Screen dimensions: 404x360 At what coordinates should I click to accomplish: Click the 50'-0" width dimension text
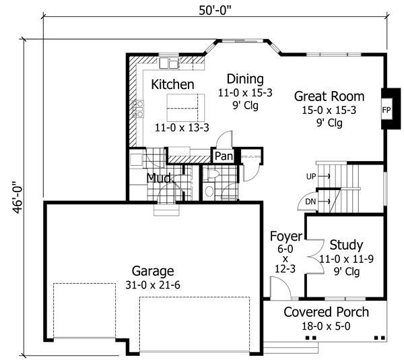click(215, 11)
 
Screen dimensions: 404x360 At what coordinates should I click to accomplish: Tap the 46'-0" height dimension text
click(18, 198)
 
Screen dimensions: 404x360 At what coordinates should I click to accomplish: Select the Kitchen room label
click(172, 84)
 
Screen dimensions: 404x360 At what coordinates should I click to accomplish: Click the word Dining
click(245, 79)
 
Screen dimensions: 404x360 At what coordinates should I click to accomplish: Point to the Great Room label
click(329, 96)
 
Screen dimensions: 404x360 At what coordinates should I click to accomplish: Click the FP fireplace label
click(386, 110)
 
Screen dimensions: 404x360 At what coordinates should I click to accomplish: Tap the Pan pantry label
click(224, 156)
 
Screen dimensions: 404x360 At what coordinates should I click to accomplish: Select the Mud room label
click(159, 178)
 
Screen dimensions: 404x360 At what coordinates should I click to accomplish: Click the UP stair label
click(311, 177)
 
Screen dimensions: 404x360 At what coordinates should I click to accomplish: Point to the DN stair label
click(310, 202)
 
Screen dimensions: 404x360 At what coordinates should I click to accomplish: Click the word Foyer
click(286, 237)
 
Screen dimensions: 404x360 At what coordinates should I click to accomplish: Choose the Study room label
click(346, 245)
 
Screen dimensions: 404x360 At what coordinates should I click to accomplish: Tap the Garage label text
click(153, 271)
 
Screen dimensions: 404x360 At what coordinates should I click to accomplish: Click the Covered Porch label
click(326, 312)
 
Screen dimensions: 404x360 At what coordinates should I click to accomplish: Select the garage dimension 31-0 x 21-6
click(153, 285)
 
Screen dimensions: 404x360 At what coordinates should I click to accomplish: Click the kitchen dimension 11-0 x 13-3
click(182, 127)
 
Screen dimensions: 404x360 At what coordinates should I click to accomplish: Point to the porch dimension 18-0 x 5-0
click(326, 326)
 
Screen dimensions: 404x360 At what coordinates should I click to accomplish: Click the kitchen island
click(186, 108)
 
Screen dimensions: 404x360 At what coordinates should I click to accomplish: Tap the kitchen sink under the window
click(169, 63)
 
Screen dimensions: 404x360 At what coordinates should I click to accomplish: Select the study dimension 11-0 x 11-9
click(346, 259)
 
